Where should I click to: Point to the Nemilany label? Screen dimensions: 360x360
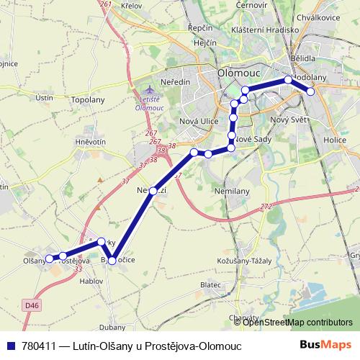pos(231,191)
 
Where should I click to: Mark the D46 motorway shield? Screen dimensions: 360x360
pos(30,305)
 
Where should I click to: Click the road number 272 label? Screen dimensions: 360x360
pos(267,207)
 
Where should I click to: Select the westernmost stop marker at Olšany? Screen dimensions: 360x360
pos(49,258)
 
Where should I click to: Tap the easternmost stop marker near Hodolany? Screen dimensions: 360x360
pos(311,91)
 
